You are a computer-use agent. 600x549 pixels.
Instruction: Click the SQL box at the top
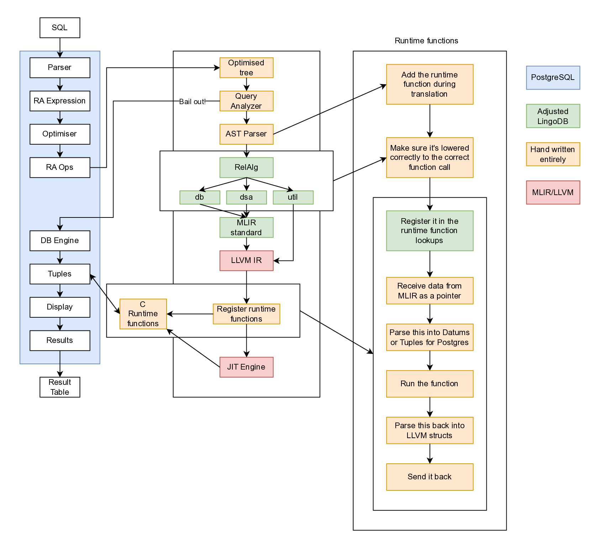tap(60, 28)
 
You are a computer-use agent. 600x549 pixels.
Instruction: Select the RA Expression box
tap(60, 101)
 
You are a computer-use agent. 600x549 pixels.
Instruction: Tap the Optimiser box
tap(60, 134)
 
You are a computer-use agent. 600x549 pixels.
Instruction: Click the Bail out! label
tap(192, 102)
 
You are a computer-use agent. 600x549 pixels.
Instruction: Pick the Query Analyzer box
tap(246, 101)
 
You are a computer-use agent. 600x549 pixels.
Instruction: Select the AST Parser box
tap(246, 134)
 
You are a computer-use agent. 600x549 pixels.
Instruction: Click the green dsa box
tap(246, 197)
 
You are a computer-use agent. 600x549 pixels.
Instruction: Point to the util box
tap(293, 197)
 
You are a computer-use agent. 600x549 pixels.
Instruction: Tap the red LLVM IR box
tap(246, 260)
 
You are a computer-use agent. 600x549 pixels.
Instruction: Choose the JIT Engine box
tap(246, 367)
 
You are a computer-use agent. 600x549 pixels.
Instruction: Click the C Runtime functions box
tap(143, 314)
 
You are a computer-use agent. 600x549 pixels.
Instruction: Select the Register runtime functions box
tap(246, 314)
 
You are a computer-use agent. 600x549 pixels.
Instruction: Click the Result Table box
tap(60, 387)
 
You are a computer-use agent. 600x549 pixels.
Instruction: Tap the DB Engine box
tap(60, 241)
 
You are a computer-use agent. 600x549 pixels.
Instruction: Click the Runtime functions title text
tap(426, 41)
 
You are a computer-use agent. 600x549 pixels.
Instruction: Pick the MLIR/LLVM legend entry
tap(553, 193)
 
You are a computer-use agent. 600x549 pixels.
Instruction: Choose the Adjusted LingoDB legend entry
tap(553, 116)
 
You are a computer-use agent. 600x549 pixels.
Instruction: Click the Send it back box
tap(430, 477)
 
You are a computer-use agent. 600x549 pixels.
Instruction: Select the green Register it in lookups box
tap(430, 231)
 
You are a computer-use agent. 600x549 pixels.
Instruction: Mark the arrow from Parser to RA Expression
tap(60, 84)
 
